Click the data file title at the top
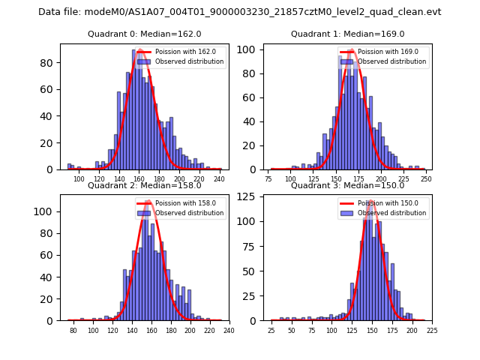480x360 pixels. (240, 12)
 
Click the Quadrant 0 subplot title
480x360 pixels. (144, 34)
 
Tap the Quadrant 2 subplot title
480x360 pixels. (144, 185)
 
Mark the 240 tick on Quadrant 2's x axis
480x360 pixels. (229, 330)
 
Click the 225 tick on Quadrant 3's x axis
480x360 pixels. (432, 330)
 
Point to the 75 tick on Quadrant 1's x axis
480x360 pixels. (269, 180)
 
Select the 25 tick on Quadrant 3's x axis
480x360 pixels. (271, 330)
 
